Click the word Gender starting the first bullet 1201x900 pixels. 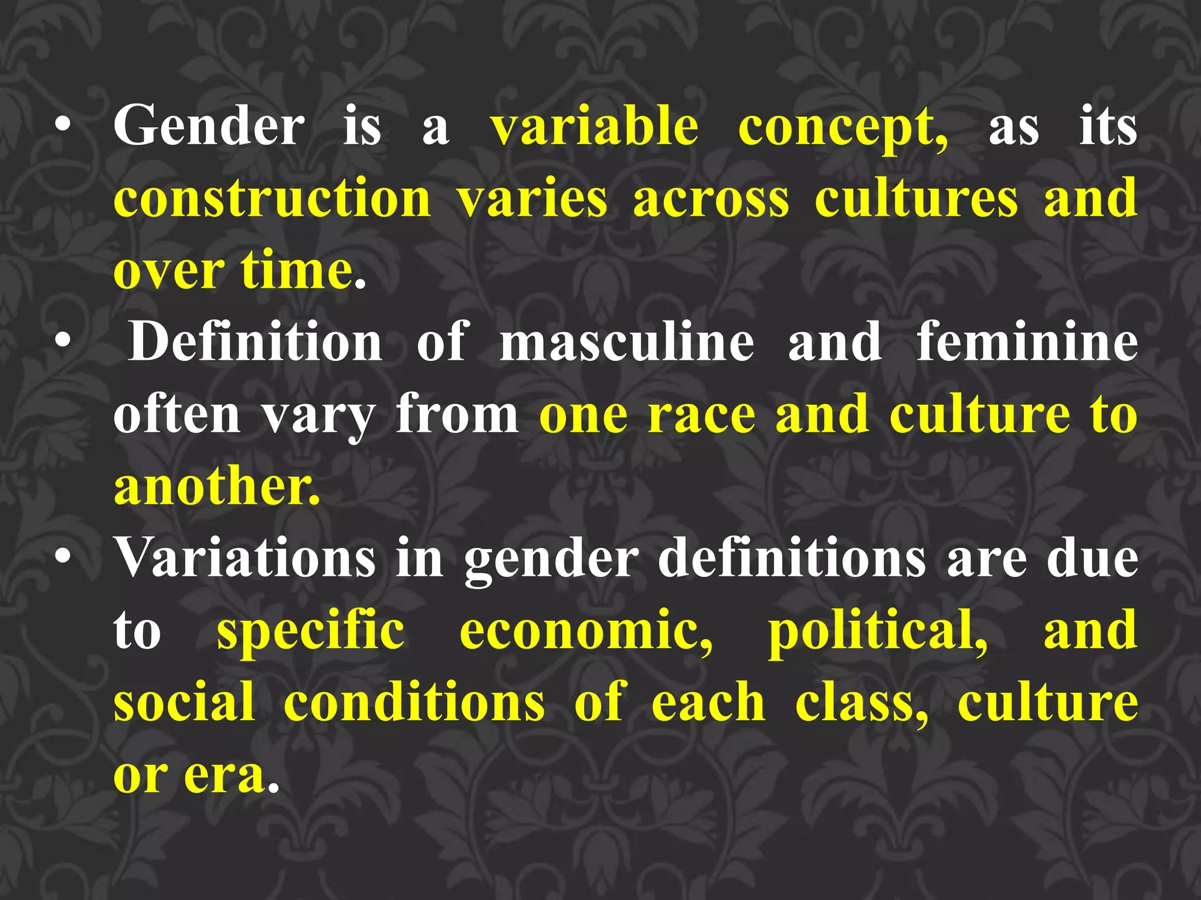point(209,126)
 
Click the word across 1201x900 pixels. point(711,199)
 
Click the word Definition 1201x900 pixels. point(256,342)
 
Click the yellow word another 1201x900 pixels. point(217,486)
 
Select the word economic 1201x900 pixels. point(586,632)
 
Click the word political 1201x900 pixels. point(878,632)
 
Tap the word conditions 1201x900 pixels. point(414,703)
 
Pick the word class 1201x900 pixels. point(861,703)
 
